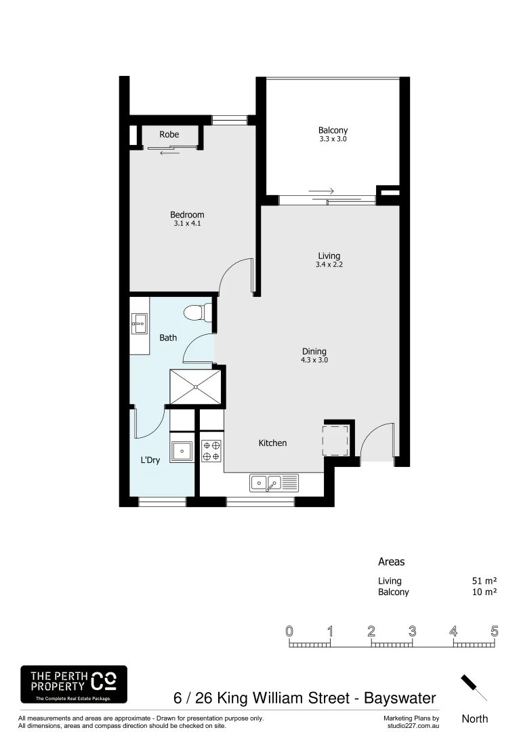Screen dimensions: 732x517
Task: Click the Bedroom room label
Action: click(187, 215)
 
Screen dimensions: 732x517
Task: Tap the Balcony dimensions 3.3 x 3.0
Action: click(333, 139)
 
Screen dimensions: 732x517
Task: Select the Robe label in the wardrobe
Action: click(169, 135)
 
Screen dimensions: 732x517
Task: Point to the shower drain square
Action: click(196, 386)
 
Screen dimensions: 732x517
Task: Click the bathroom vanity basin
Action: click(140, 323)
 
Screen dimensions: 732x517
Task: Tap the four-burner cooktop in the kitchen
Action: click(211, 451)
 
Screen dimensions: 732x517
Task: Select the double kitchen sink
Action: click(266, 483)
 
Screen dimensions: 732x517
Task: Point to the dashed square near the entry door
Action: click(336, 439)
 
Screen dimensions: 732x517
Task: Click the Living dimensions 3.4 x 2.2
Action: click(329, 265)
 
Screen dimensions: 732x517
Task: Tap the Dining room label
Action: click(314, 351)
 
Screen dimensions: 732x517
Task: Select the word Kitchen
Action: click(272, 443)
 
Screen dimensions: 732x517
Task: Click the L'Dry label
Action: click(150, 460)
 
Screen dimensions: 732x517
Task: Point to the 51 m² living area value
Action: click(484, 581)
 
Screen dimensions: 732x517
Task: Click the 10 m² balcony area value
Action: click(484, 592)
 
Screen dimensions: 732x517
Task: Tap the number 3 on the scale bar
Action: click(412, 631)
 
